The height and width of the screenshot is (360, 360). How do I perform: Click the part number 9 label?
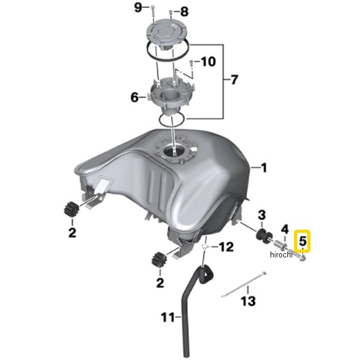[138, 8]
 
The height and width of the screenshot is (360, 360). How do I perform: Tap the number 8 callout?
[184, 12]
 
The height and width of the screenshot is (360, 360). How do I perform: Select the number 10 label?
[208, 62]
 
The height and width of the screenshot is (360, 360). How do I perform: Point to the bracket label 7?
[234, 80]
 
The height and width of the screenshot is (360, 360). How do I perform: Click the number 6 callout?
[134, 97]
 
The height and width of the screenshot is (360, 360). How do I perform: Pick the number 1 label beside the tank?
[264, 168]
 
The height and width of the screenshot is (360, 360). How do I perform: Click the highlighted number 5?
[302, 241]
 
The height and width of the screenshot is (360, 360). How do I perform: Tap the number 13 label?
[248, 301]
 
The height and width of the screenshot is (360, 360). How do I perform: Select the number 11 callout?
[168, 317]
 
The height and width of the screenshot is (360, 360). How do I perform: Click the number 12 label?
[226, 247]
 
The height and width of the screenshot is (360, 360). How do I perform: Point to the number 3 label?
[262, 215]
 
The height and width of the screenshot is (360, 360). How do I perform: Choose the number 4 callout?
[284, 229]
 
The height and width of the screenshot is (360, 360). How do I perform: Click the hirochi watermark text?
[281, 254]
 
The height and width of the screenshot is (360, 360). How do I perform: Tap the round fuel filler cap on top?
[166, 34]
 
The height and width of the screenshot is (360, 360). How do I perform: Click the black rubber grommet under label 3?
[264, 236]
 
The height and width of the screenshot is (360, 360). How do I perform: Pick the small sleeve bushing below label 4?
[281, 245]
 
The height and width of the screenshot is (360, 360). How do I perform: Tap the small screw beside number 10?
[191, 64]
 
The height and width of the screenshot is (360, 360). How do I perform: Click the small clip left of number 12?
[205, 247]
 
